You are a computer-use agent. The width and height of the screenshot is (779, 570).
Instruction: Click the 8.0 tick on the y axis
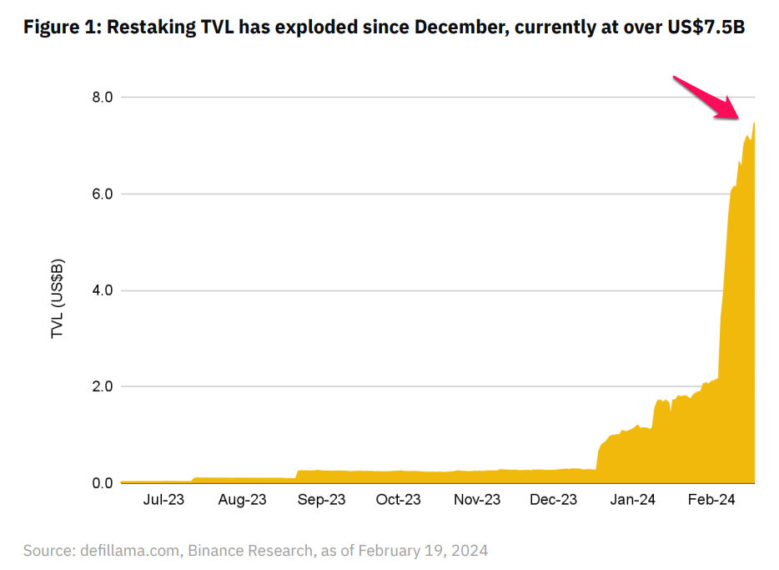[x=102, y=98]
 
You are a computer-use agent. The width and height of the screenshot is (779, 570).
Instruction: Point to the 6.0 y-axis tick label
[x=102, y=194]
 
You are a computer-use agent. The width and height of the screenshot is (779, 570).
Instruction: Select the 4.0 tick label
[x=102, y=290]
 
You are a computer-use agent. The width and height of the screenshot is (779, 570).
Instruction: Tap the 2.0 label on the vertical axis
[x=102, y=386]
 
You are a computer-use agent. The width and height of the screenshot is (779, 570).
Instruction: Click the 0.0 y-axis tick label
[x=102, y=483]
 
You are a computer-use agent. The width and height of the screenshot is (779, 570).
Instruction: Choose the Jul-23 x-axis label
[x=164, y=500]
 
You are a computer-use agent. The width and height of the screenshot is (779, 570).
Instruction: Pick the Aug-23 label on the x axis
[x=243, y=500]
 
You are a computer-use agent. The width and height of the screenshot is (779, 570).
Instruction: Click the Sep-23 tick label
[x=321, y=500]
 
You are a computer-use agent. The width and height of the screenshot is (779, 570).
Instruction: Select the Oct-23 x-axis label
[x=398, y=500]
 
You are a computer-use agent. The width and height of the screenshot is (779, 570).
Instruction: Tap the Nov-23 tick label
[x=477, y=500]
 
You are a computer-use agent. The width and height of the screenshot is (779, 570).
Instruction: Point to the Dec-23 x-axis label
[x=554, y=500]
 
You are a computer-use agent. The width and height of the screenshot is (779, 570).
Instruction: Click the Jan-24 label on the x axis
[x=632, y=500]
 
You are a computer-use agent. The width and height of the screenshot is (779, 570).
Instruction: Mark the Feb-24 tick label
[x=711, y=500]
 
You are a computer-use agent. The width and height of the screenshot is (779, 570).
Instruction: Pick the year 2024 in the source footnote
[x=470, y=551]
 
